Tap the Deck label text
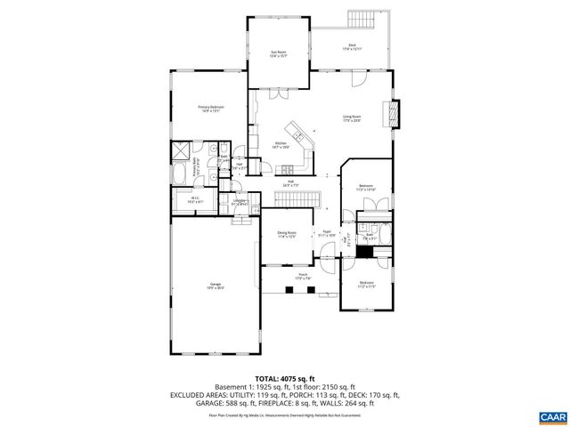tap(350, 50)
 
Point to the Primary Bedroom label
tap(210, 109)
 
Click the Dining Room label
tap(286, 235)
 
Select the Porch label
tap(302, 276)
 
